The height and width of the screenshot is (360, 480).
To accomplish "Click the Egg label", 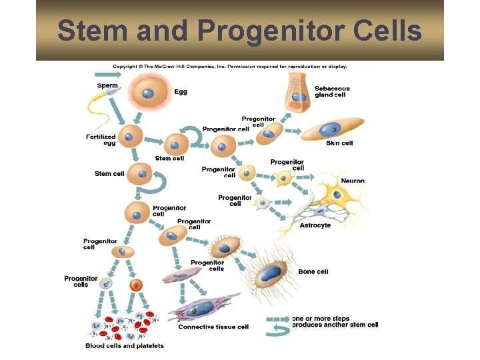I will (181, 92).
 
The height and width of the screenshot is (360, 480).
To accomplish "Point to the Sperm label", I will (107, 85).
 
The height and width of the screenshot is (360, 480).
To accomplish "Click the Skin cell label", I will (339, 143).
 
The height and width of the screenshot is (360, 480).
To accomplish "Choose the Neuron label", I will (353, 181).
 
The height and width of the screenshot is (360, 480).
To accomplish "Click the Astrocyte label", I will (315, 225).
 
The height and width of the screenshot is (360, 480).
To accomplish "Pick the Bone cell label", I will (313, 272).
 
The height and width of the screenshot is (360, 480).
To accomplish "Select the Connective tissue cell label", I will (213, 327).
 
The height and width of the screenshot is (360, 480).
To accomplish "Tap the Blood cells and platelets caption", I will (125, 345).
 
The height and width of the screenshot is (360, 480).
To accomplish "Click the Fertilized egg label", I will (101, 140).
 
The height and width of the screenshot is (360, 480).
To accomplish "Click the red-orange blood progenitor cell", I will (136, 285).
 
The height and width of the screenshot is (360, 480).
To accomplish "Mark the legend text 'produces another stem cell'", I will (335, 325).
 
